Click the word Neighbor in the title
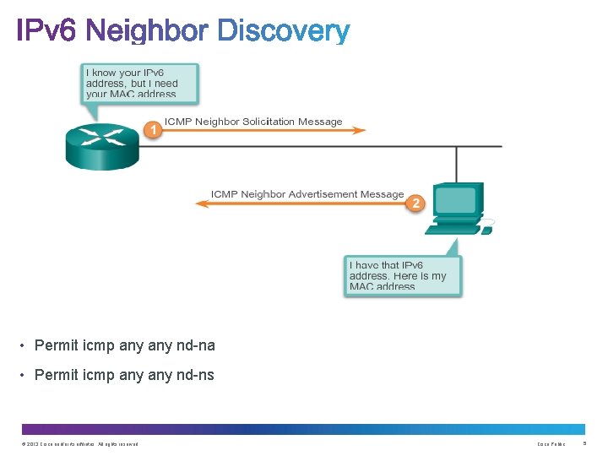pyautogui.click(x=147, y=32)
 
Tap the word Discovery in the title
pyautogui.click(x=284, y=32)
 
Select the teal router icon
pyautogui.click(x=101, y=145)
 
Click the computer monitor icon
pyautogui.click(x=457, y=204)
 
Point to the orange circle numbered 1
pyautogui.click(x=152, y=129)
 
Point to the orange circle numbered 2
pyautogui.click(x=415, y=203)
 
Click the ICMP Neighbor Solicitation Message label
pyautogui.click(x=253, y=122)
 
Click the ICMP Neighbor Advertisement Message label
pyautogui.click(x=307, y=194)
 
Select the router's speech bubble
pyautogui.click(x=141, y=83)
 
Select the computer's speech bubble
pyautogui.click(x=403, y=274)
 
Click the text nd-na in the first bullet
pyautogui.click(x=196, y=345)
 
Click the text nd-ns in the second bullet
pyautogui.click(x=195, y=375)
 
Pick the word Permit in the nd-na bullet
pyautogui.click(x=57, y=345)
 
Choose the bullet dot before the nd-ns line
pyautogui.click(x=24, y=375)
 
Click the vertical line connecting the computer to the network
pyautogui.click(x=457, y=165)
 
